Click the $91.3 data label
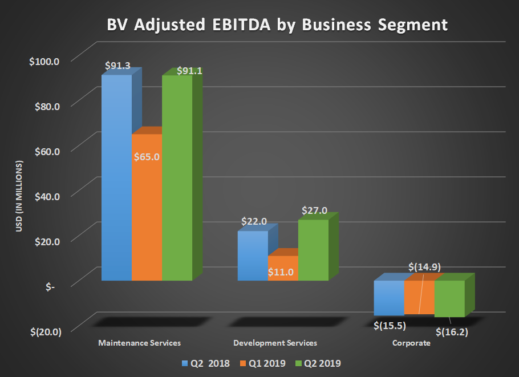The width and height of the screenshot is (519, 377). point(118,66)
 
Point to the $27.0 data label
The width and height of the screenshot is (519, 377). point(315,210)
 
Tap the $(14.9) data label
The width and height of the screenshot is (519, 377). point(424,266)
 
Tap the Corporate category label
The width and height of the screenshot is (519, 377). point(411,343)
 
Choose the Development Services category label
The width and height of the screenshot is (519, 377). point(275,343)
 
